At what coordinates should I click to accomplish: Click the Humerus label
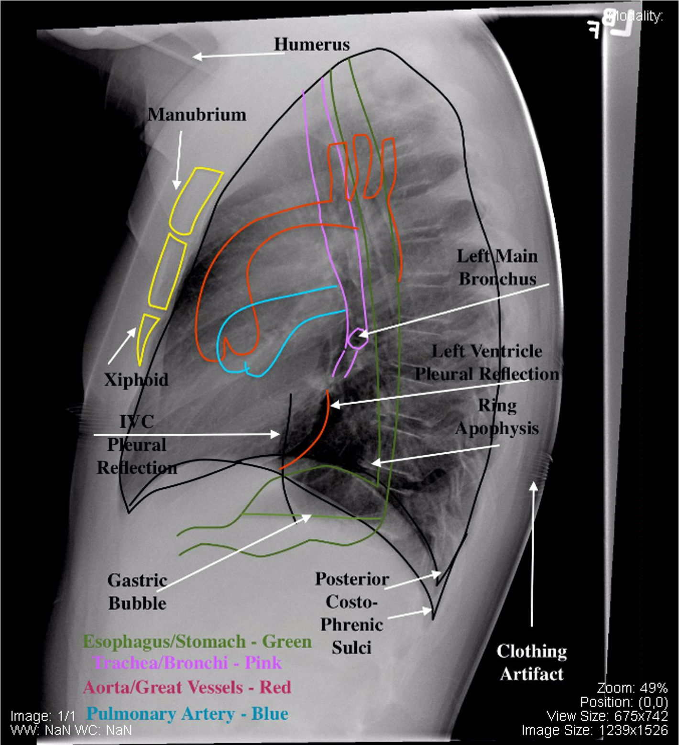click(311, 44)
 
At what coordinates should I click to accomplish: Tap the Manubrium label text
click(197, 115)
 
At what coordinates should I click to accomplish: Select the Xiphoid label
click(137, 380)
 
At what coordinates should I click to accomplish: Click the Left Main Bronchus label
click(497, 267)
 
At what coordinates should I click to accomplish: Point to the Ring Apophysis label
click(497, 417)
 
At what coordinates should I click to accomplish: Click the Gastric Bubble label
click(137, 592)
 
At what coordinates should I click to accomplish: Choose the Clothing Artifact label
click(532, 662)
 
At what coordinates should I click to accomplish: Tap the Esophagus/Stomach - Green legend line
click(197, 642)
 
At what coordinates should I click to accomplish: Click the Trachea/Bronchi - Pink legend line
click(187, 663)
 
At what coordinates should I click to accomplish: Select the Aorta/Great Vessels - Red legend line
click(187, 688)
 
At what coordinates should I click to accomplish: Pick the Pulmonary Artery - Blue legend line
click(187, 714)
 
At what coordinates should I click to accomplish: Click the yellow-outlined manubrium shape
click(196, 201)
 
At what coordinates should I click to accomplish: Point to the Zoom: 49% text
click(632, 688)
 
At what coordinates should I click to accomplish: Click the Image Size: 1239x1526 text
click(594, 730)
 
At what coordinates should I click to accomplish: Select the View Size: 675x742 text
click(607, 716)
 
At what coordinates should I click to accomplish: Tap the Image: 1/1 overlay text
click(43, 716)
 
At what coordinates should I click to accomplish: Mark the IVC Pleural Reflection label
click(137, 445)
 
